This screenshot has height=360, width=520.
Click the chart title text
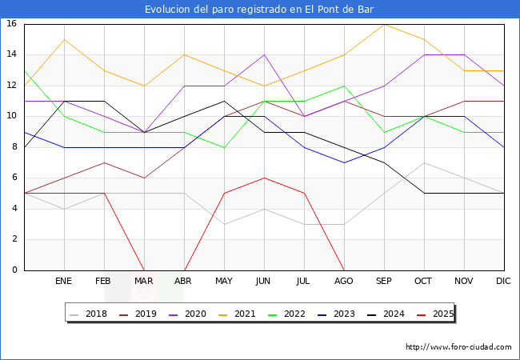259,10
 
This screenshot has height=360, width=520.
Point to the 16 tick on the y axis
12,24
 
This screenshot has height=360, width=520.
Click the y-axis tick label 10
12,116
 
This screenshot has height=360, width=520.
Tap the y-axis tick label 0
14,270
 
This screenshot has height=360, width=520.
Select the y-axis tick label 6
14,178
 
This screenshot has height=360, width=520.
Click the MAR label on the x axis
144,282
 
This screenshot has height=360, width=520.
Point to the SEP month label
384,282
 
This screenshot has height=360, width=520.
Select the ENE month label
64,282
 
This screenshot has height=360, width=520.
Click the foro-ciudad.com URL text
458,347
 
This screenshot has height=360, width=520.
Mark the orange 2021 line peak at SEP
384,24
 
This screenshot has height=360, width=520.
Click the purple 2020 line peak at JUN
264,54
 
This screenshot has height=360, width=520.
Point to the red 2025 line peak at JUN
264,178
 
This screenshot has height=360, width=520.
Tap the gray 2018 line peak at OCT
424,162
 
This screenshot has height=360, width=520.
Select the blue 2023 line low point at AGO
344,162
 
